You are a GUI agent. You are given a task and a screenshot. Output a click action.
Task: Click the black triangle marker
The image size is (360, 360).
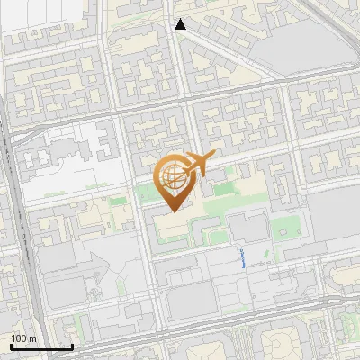[x=181, y=24]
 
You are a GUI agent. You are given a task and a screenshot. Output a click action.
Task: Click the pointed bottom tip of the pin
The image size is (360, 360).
[x=173, y=211]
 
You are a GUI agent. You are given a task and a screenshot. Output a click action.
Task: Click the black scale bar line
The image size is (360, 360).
[x=40, y=346]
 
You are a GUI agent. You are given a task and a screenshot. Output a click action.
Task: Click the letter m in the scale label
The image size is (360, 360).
[x=33, y=338]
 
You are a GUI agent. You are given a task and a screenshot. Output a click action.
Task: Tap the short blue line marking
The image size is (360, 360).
[x=243, y=260]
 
